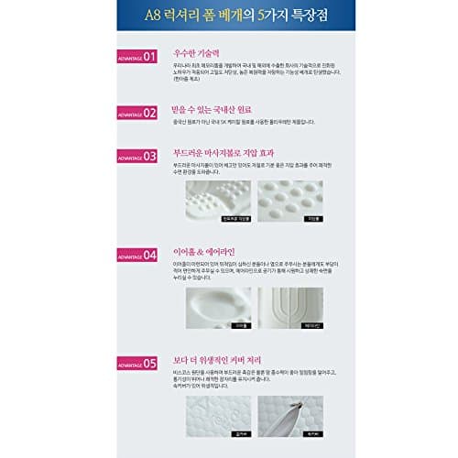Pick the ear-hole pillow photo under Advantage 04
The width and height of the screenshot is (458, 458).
(x=218, y=308)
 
